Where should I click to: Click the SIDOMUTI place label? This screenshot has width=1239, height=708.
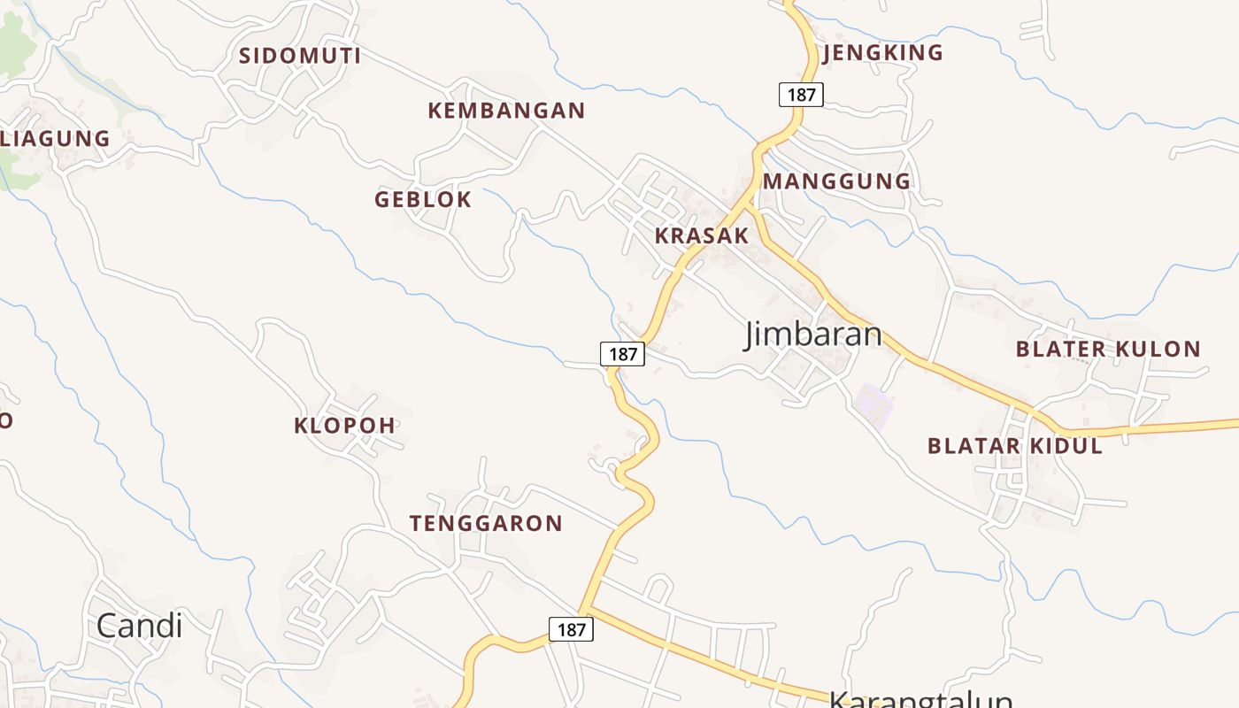(x=299, y=56)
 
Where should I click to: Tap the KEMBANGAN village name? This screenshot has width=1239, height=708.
(x=506, y=111)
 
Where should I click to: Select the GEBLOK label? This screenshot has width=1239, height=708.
(x=423, y=199)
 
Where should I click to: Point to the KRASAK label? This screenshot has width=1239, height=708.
(x=702, y=235)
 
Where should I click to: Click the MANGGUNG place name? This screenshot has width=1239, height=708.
(x=836, y=181)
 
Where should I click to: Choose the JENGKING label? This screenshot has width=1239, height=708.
(x=883, y=53)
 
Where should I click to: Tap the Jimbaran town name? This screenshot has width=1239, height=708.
(x=813, y=335)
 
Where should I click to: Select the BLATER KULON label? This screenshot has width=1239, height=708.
(x=1108, y=349)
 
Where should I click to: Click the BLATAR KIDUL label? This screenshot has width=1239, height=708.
(x=1015, y=445)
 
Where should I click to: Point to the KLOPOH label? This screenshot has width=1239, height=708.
(x=344, y=425)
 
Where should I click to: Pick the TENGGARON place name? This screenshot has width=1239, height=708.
(x=486, y=523)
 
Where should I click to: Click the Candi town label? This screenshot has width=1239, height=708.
(x=139, y=626)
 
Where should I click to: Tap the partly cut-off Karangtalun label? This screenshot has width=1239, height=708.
(x=920, y=699)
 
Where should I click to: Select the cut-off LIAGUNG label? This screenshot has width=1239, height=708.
(x=55, y=139)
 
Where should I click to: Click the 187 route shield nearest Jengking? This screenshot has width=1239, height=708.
(x=801, y=94)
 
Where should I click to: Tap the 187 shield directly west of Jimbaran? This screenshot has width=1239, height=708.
(x=623, y=354)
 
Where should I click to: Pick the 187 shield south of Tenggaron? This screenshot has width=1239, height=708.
(x=571, y=629)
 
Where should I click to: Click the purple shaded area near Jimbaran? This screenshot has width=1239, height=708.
(x=873, y=406)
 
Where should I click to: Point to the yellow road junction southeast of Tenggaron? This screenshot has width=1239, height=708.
(x=587, y=607)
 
